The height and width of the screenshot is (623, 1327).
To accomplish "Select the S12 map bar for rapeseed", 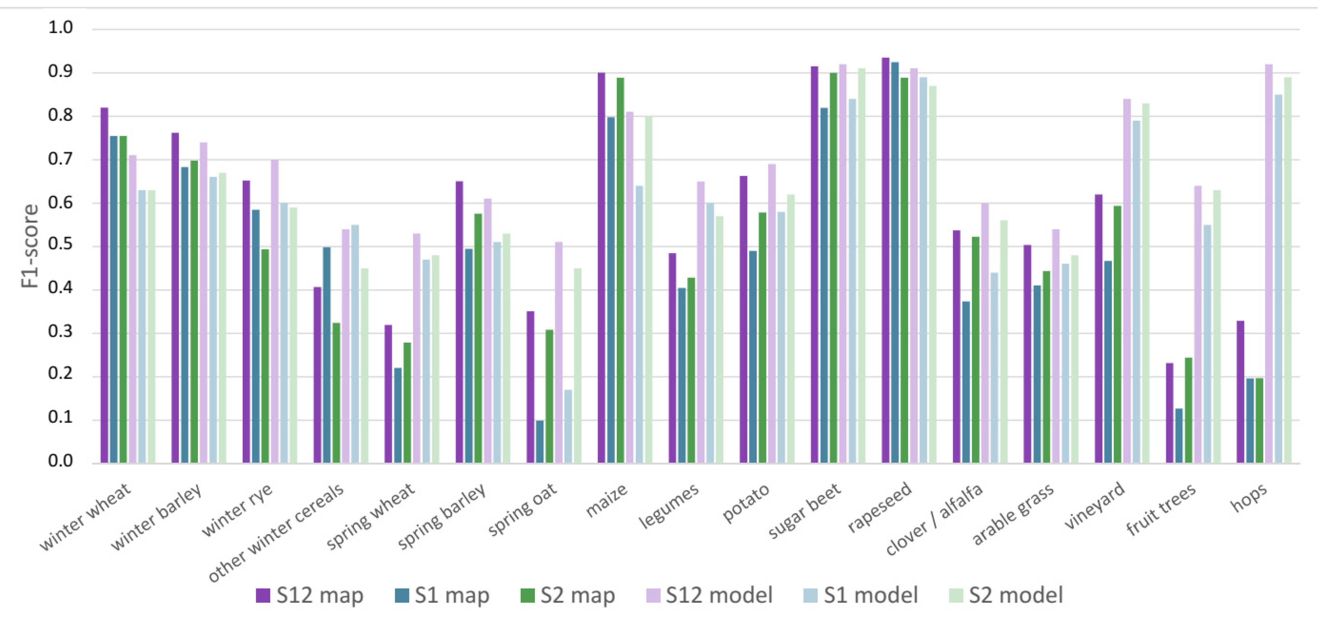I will pos(886,260).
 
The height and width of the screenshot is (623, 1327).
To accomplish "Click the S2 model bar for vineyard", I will pos(1146,283).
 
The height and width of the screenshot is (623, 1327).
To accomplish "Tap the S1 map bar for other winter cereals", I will pos(327,355).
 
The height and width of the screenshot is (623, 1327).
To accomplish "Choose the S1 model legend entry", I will pos(861,595).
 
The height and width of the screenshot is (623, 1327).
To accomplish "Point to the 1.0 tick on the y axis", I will pos(61,27).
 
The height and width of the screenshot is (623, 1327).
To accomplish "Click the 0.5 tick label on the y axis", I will pos(61,245).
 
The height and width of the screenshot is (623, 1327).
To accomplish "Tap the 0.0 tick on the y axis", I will pos(61,461).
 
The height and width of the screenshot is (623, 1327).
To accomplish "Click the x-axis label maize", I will pos(607,500).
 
